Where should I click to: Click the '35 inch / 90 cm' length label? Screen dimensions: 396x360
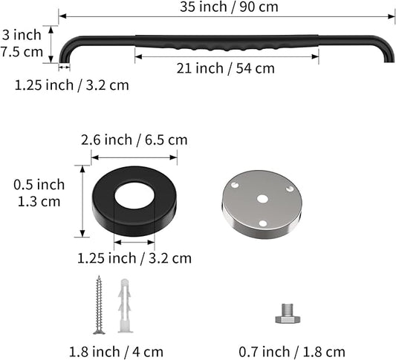point(229,7)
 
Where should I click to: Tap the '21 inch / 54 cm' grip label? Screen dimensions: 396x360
point(226,68)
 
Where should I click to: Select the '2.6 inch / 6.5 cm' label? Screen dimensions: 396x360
point(134,140)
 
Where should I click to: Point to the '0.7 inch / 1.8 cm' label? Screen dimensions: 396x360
point(292,352)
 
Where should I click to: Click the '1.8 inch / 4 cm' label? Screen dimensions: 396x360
point(116,352)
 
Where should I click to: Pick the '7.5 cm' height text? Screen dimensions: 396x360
point(22,52)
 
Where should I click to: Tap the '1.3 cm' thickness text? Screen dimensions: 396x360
point(39,202)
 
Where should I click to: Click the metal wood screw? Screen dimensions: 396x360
point(100,305)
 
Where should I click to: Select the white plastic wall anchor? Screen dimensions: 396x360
point(125,306)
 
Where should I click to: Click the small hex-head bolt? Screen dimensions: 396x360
point(288,313)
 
